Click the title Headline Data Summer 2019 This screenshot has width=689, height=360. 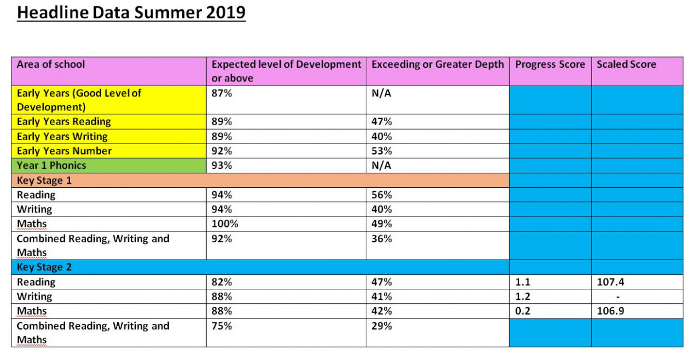[131, 12]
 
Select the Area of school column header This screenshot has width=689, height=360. [51, 64]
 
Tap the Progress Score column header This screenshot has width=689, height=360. [549, 64]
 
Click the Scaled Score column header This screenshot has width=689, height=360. [626, 64]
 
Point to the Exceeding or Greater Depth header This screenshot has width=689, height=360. [437, 64]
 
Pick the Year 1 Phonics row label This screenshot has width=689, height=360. [51, 165]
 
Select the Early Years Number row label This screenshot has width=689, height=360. [64, 151]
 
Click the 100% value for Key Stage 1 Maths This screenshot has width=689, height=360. [224, 224]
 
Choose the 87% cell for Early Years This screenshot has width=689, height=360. [222, 93]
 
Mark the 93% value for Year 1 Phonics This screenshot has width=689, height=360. [222, 165]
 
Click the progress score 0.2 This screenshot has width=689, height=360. [522, 311]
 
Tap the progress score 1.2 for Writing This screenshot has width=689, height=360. [522, 297]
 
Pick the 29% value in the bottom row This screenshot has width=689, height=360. [382, 326]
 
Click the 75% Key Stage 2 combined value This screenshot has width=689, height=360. [222, 326]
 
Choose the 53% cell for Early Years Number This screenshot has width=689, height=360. [382, 151]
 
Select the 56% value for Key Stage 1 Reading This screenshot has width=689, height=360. [382, 195]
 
